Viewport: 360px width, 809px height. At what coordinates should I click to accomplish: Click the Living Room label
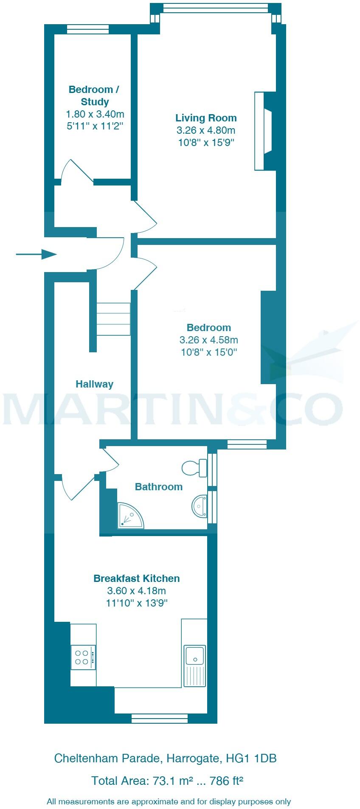point(206,118)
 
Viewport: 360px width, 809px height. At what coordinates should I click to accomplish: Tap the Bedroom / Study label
point(94,96)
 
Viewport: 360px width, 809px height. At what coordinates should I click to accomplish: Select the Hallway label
point(94,384)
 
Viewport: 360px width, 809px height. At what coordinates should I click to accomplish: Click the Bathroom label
point(158,487)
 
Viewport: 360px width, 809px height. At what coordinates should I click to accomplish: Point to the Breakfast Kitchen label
point(136,578)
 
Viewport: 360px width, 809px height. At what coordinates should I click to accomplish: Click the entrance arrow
point(36,254)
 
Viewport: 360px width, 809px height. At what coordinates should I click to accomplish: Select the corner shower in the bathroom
point(129,516)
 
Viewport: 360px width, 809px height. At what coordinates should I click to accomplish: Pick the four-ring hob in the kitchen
point(83,657)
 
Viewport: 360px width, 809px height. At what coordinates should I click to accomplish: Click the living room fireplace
point(264,131)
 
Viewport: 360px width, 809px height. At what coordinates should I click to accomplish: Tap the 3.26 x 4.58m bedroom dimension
point(208,340)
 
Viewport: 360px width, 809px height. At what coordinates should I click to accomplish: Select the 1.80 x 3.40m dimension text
point(95,114)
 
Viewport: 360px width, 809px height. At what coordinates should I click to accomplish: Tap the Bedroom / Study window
point(88,29)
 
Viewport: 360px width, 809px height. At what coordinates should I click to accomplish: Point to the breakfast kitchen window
point(159,718)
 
